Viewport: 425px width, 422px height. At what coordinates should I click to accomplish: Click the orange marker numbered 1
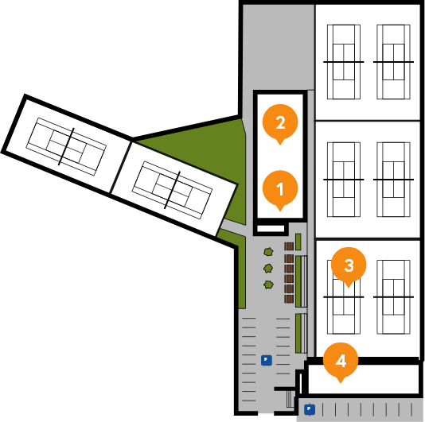[280, 189]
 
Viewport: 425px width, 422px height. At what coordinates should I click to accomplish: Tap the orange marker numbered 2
[280, 123]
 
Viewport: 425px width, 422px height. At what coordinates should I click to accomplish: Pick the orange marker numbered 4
[341, 362]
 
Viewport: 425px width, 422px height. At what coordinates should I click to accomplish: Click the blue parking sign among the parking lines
[266, 360]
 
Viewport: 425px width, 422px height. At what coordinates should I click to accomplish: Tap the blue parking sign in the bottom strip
[310, 409]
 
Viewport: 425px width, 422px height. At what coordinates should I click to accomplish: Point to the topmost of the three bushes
[268, 252]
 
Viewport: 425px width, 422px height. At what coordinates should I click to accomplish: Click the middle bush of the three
[268, 269]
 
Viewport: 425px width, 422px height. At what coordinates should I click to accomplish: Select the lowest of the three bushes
[268, 285]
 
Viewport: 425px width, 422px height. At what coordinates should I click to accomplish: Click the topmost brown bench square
[289, 246]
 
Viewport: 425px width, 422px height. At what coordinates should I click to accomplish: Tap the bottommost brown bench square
[289, 299]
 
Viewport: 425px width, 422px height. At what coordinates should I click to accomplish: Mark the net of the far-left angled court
[66, 146]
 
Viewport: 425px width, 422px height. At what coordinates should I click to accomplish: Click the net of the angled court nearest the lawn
[172, 190]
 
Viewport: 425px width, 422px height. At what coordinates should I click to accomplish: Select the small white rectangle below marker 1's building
[271, 229]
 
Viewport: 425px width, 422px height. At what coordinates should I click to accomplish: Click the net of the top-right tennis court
[393, 62]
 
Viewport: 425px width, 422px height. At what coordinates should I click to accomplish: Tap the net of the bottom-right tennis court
[393, 297]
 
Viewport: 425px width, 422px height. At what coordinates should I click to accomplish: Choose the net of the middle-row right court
[393, 180]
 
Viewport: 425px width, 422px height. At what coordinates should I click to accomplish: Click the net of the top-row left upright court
[344, 62]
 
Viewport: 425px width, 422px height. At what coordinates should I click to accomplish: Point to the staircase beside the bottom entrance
[290, 399]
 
